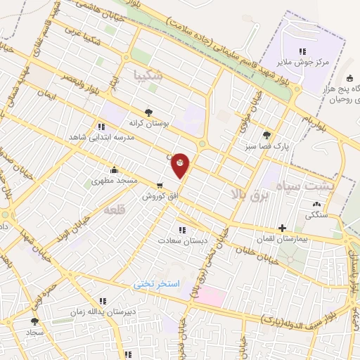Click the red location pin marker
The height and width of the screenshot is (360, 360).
(181, 165)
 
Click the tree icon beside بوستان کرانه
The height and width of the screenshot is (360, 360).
(148, 112)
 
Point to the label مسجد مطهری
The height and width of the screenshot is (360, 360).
(113, 181)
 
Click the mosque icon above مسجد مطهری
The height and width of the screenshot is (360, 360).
(114, 170)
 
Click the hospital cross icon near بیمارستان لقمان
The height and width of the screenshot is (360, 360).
(282, 229)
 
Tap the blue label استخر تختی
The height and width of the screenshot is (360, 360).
(158, 283)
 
